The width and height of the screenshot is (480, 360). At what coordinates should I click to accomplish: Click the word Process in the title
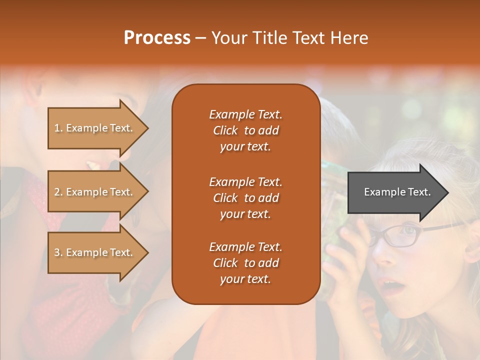157,38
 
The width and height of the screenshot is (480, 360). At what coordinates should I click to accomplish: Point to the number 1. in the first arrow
58,128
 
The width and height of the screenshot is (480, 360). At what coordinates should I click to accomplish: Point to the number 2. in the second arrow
58,192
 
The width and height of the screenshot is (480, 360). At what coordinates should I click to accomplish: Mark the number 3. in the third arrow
58,252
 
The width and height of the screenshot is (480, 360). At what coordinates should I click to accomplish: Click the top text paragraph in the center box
245,130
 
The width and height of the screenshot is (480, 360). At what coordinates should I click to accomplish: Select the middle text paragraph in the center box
245,198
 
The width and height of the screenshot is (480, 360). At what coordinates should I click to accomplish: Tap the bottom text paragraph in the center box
245,263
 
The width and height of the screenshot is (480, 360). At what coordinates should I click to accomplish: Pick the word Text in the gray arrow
419,192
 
